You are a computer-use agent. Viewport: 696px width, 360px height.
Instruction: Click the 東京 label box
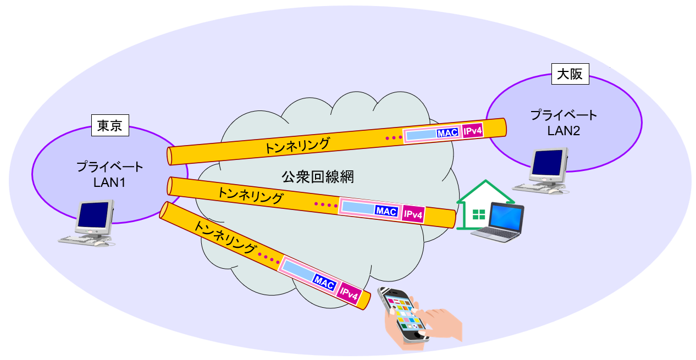point(110,126)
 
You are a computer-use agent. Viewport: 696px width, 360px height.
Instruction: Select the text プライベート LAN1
point(109,174)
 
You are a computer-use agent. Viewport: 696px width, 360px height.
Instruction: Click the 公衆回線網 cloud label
point(318,177)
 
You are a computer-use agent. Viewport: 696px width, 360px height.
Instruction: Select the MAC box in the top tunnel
point(448,133)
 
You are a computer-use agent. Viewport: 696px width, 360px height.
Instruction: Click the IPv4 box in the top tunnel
point(472,131)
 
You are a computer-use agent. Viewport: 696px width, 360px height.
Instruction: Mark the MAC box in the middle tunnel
point(386,211)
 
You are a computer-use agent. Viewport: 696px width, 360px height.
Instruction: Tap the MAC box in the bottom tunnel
point(324,282)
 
